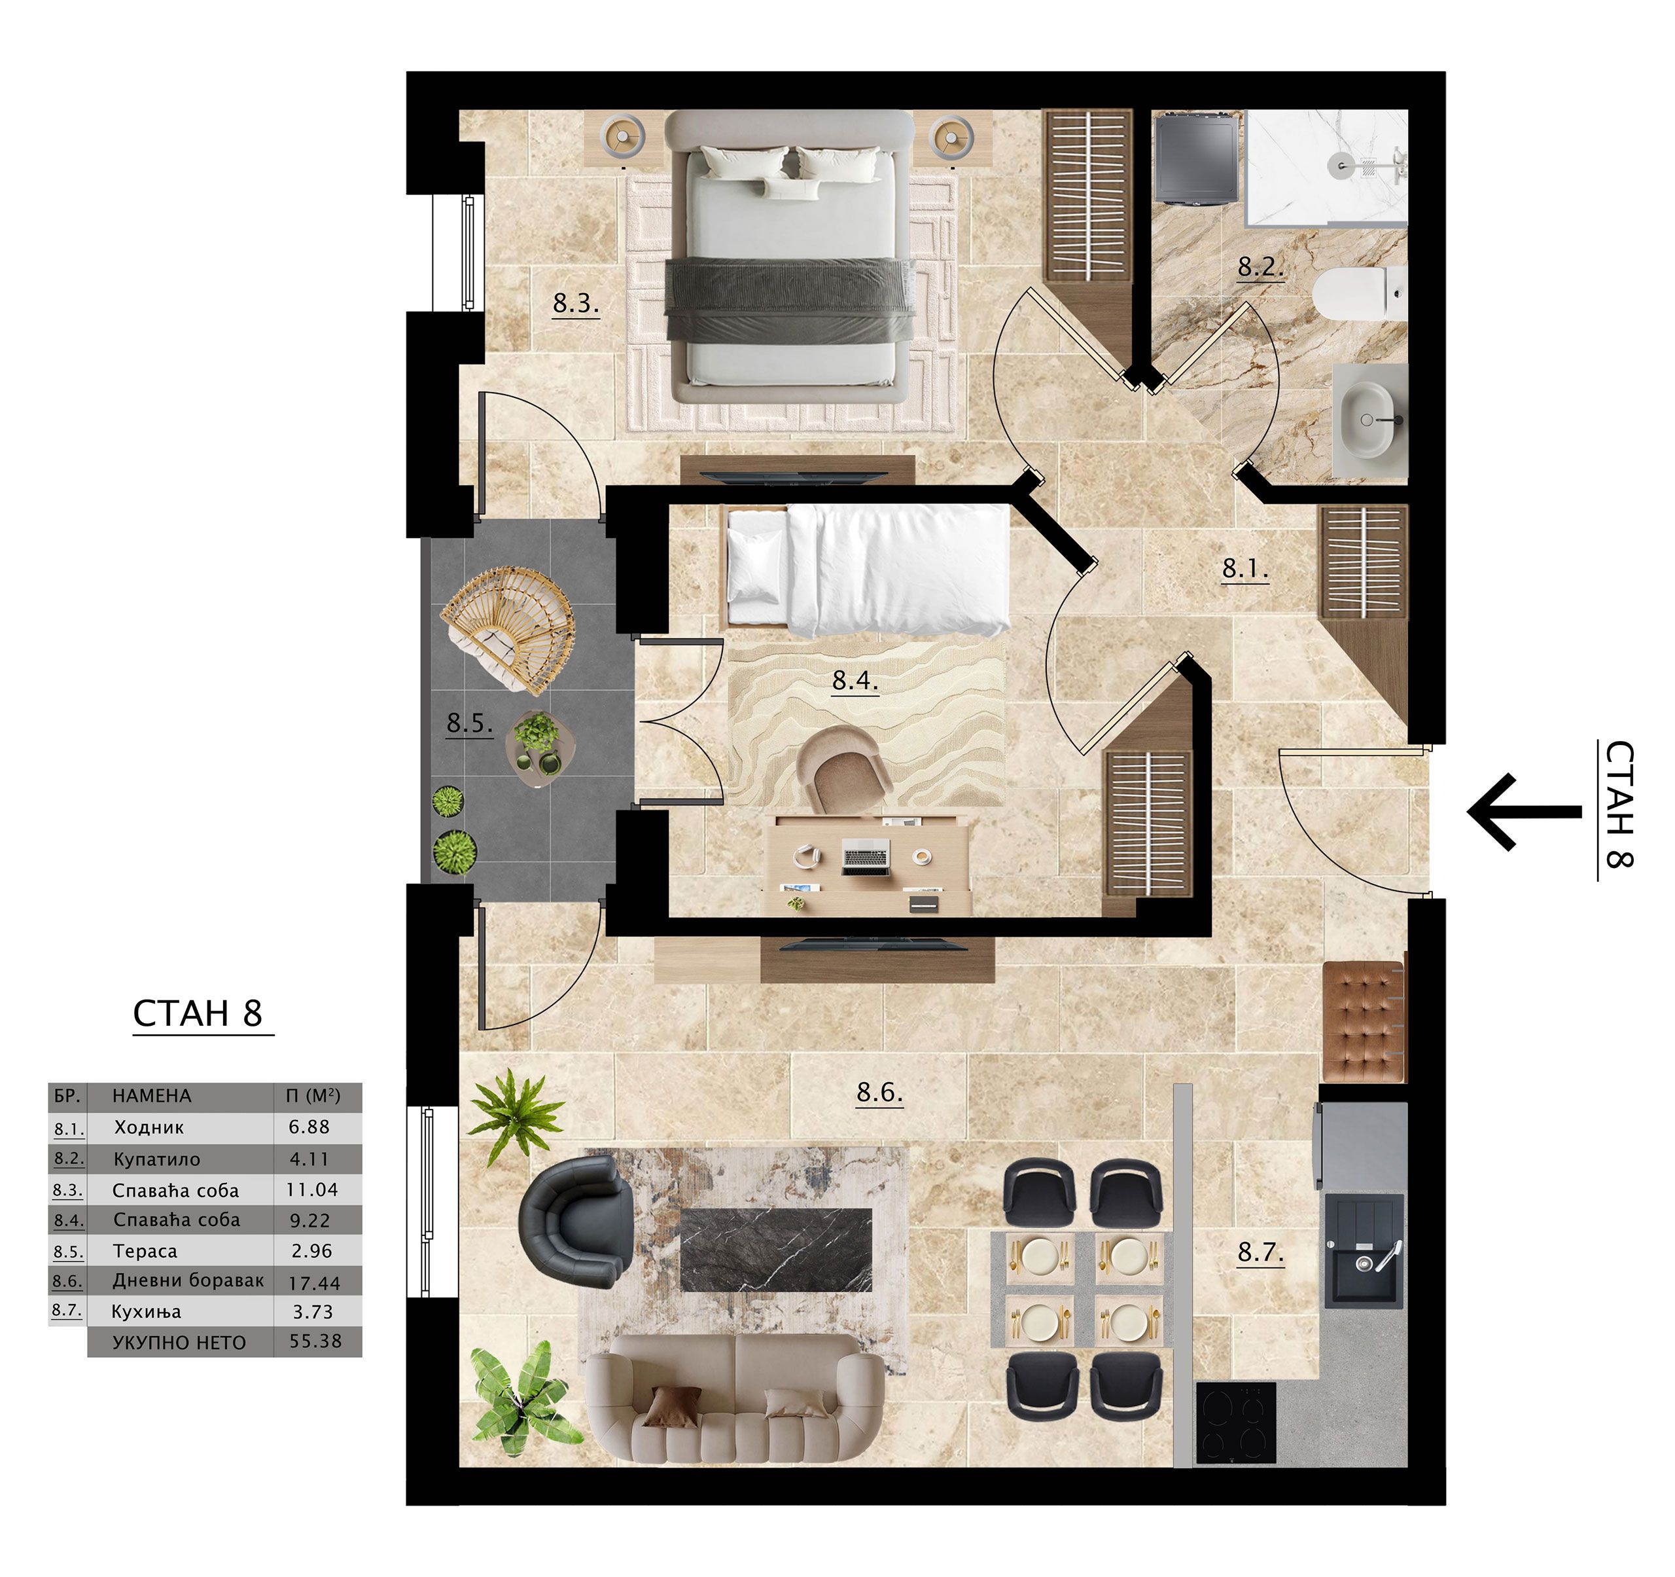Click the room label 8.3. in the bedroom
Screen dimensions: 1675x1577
point(576,304)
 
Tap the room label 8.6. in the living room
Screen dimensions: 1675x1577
point(879,1093)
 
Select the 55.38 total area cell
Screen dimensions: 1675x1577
point(316,1341)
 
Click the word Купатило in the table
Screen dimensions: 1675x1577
point(158,1160)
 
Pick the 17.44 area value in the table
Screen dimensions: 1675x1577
point(314,1283)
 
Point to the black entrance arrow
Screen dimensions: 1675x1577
point(1524,812)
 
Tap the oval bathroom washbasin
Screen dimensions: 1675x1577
point(1368,420)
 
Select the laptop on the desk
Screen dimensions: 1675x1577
point(866,858)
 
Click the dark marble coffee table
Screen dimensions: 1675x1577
point(775,1250)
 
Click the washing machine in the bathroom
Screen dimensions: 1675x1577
point(1195,159)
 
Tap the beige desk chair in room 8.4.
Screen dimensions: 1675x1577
point(844,770)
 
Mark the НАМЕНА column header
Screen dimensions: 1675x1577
point(152,1096)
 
